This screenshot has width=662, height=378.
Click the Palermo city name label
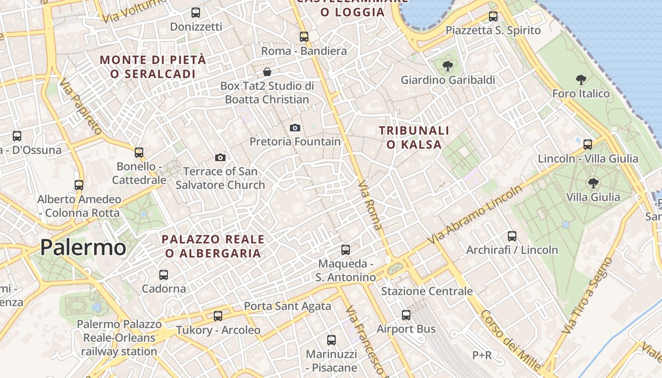(x=83, y=248)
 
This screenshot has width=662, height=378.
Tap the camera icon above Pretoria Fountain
(x=295, y=128)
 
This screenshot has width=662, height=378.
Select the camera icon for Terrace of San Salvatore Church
(x=220, y=157)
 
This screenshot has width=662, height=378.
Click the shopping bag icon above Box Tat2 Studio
(x=267, y=72)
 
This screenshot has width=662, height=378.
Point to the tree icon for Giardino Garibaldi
(x=447, y=66)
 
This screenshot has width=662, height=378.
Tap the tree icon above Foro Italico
(x=581, y=80)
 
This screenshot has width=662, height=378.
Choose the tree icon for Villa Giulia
(x=593, y=183)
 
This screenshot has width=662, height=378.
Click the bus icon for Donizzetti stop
(x=195, y=13)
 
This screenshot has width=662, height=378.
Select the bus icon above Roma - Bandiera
(x=304, y=36)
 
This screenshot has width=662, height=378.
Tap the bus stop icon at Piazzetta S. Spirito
(x=493, y=17)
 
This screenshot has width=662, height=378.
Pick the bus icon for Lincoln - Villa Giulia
(x=588, y=145)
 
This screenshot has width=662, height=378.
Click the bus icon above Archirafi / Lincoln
(x=512, y=236)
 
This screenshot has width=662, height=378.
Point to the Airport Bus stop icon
(x=406, y=315)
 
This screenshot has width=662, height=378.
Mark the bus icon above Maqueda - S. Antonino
(x=346, y=249)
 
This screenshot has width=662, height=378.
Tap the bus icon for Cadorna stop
(x=164, y=275)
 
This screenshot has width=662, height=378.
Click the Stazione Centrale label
(x=427, y=291)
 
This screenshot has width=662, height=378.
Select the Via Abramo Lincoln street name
(x=475, y=215)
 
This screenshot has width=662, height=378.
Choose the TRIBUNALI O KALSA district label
(x=414, y=137)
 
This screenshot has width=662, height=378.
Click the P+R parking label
(x=482, y=355)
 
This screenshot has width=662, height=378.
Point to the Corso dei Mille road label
(x=511, y=340)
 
